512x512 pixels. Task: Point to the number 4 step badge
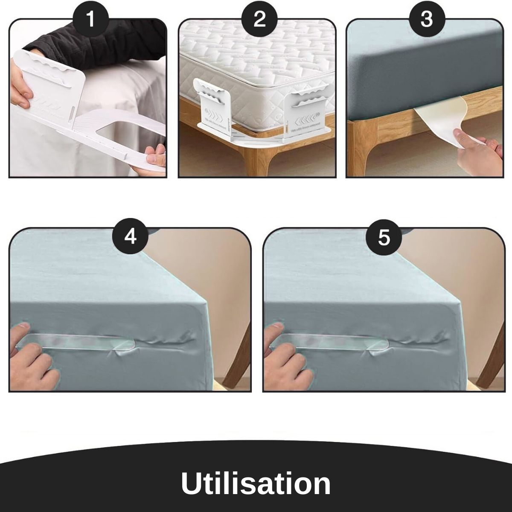pyautogui.click(x=130, y=236)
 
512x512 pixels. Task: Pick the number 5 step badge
pyautogui.click(x=384, y=236)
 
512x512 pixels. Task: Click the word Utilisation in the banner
pyautogui.click(x=256, y=483)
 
